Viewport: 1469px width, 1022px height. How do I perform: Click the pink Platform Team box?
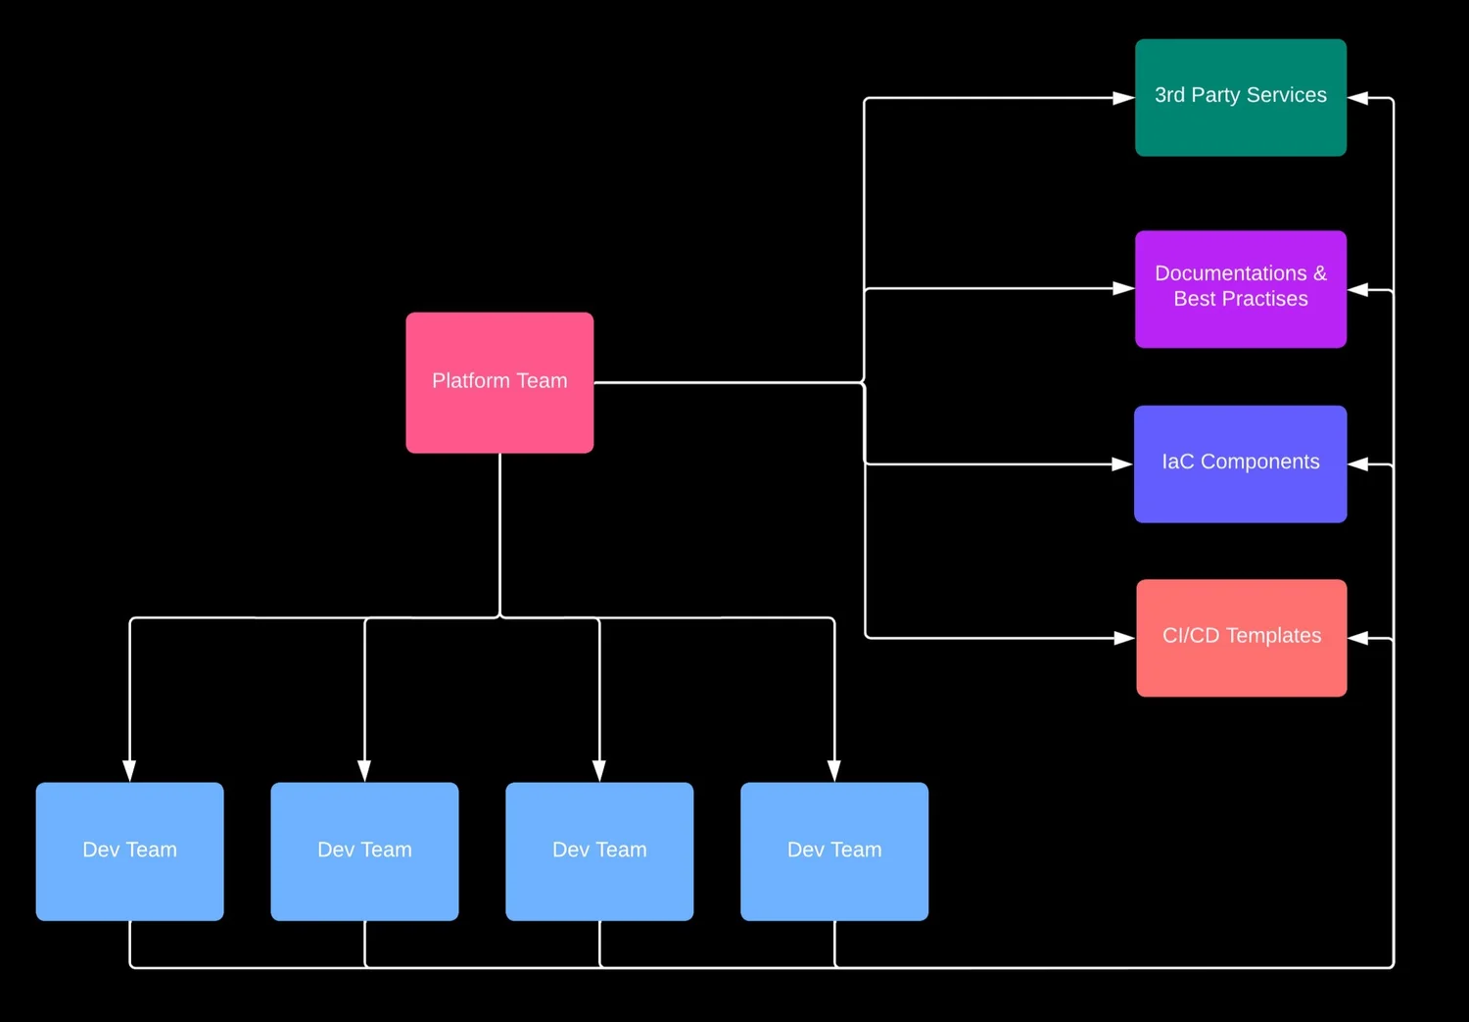tap(499, 382)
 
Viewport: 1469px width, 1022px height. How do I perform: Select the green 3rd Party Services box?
tap(1240, 97)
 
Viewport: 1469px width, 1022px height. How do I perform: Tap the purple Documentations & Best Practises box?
tap(1240, 288)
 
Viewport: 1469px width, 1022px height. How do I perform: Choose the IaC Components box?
tap(1240, 463)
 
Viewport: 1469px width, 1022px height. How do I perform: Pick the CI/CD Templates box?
tap(1241, 638)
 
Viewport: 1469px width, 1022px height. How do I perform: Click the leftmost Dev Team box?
tap(129, 851)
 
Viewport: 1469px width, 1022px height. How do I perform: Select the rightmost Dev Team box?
tap(834, 851)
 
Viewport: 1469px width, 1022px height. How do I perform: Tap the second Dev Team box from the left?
tap(364, 851)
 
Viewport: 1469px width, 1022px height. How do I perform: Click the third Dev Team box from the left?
tap(599, 851)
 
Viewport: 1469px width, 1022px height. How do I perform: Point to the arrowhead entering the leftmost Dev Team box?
tap(129, 770)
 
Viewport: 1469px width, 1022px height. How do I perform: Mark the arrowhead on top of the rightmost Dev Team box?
tap(834, 770)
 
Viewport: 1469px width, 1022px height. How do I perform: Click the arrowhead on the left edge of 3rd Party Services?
tap(1123, 98)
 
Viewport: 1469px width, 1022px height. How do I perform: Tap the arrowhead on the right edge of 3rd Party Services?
tap(1358, 98)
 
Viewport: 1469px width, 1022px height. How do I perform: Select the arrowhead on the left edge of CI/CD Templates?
tap(1124, 638)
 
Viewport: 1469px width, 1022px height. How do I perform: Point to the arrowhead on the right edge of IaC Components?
tap(1359, 464)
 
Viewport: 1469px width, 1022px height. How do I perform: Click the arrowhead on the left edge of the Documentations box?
tap(1123, 289)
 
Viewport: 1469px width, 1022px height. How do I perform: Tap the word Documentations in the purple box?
tap(1230, 273)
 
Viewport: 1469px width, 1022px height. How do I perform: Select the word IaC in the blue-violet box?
tap(1177, 462)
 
